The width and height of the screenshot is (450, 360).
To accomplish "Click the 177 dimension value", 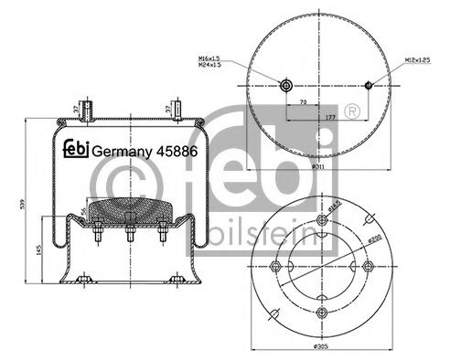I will click(x=327, y=118).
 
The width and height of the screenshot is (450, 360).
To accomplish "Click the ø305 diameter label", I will click(x=319, y=348).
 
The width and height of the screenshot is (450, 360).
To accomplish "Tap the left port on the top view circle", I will click(x=286, y=86).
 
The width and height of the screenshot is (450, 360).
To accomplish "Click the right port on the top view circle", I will click(x=369, y=86).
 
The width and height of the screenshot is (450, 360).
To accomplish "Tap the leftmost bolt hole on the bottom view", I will click(x=276, y=266).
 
